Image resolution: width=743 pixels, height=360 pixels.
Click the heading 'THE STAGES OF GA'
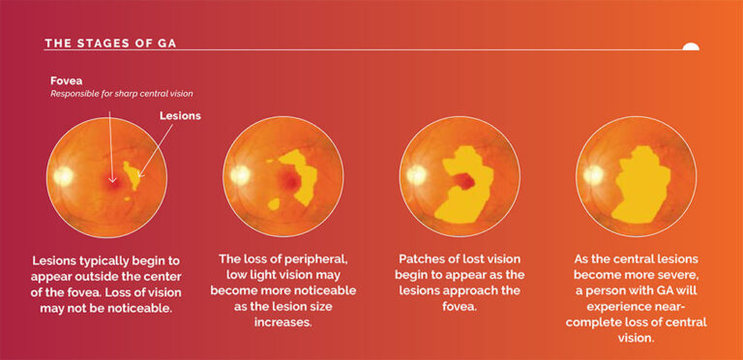(x=110, y=44)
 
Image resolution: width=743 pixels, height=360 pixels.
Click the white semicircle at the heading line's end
(x=690, y=45)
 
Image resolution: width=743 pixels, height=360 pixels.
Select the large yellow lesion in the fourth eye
(x=643, y=186)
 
